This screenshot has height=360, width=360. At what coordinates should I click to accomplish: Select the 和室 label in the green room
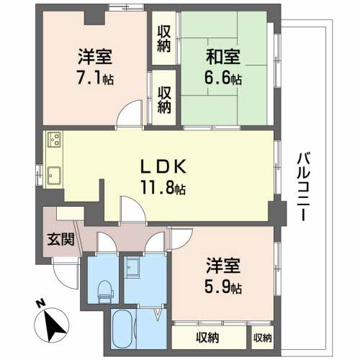coord(225,54)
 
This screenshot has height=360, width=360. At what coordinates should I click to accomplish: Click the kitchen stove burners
coord(55,140)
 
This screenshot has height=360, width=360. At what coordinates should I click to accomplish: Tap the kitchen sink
coord(55,174)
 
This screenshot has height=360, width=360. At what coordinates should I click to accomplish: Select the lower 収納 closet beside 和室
coord(164,95)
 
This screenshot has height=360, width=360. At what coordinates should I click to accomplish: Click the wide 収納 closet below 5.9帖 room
coord(210,338)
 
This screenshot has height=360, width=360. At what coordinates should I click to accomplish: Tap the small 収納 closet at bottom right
coord(262,338)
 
